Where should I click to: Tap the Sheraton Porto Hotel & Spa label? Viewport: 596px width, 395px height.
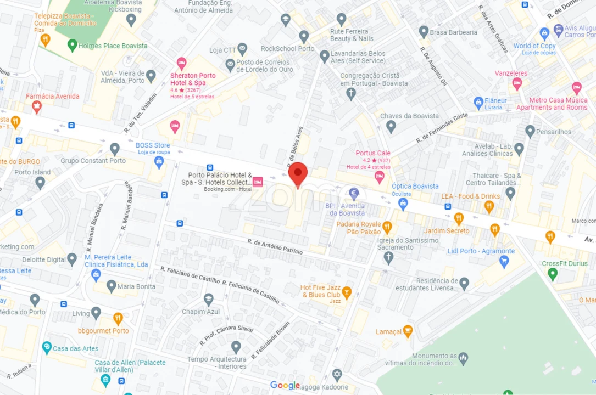point(193,79)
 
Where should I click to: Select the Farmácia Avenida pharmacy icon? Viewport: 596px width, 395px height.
point(37,106)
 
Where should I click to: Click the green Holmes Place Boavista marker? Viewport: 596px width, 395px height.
point(72,46)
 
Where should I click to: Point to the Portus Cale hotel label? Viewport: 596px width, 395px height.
point(373,153)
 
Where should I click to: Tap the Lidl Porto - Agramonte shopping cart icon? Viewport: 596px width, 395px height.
point(504,262)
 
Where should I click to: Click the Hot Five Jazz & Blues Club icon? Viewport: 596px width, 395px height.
point(347,291)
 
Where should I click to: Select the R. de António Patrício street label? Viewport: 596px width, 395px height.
point(275,246)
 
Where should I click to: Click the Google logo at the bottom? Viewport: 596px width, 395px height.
point(285,385)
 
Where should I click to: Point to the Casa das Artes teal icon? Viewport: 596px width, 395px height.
point(47,348)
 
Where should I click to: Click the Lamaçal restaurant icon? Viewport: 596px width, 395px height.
point(408,331)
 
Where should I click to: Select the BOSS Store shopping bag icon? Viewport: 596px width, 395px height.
point(159,161)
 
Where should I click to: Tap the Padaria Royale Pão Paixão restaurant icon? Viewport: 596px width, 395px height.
point(387,227)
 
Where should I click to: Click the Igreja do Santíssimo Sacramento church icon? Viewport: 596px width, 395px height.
point(388,257)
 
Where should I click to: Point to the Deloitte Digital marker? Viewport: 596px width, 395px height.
point(72,259)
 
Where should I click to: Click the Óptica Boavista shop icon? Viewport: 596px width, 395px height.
point(403,204)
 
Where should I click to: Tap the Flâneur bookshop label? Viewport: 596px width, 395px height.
point(495,100)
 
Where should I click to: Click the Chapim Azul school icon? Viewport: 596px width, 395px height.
point(209,300)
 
